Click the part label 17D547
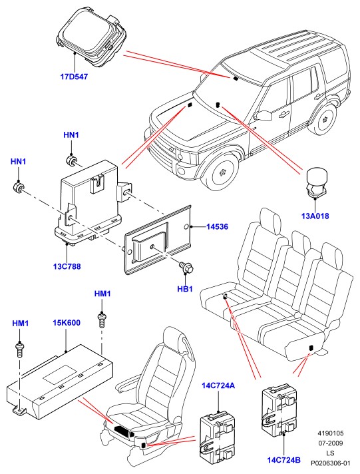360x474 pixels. tap(74, 77)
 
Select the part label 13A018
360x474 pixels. tap(315, 216)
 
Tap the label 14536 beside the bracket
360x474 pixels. tap(218, 226)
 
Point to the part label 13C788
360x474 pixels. tap(67, 266)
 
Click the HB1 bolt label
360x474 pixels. tap(185, 289)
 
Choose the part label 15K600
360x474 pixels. tap(67, 323)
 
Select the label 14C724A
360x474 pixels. tap(218, 385)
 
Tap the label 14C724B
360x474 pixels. tap(284, 461)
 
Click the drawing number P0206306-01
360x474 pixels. tap(331, 463)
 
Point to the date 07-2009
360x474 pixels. tap(331, 443)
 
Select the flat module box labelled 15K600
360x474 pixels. tap(60, 382)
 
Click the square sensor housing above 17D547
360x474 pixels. tap(91, 37)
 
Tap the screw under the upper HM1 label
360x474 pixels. tap(102, 321)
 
